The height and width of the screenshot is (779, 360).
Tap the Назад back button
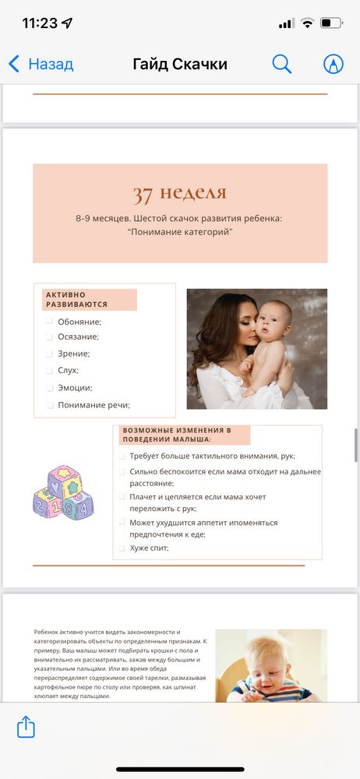[41, 64]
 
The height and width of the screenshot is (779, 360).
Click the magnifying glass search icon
[281, 64]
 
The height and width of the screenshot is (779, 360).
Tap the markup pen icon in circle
[333, 64]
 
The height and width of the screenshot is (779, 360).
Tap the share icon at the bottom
[26, 728]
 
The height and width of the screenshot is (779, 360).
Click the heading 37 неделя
[179, 193]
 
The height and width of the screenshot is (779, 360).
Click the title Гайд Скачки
[180, 64]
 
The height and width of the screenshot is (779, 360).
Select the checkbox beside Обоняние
[49, 321]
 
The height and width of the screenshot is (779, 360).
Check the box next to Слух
[49, 371]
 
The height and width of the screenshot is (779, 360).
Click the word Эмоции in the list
[75, 388]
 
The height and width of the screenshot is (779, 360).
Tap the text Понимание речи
[94, 404]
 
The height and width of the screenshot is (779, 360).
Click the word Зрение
[73, 354]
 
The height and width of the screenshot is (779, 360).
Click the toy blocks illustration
[62, 493]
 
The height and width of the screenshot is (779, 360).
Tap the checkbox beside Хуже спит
[122, 548]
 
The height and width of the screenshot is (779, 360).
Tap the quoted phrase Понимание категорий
[180, 232]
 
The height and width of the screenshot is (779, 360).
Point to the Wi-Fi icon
[308, 23]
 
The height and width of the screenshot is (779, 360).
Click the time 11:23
[41, 23]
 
